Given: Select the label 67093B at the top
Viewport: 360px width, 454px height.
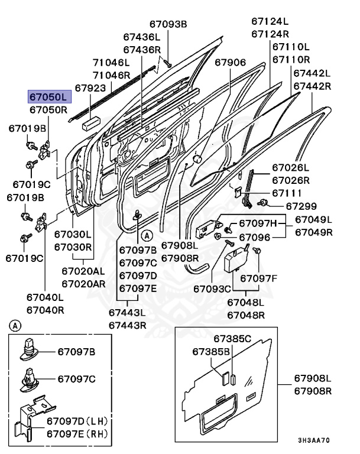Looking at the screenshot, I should tap(167, 24).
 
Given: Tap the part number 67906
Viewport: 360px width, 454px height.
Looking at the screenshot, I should tap(230, 62).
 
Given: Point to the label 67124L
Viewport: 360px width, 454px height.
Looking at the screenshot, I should tap(270, 21).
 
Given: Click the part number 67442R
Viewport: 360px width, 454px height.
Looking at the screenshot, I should tap(312, 86).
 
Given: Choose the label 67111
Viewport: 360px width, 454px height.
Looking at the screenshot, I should tap(287, 193).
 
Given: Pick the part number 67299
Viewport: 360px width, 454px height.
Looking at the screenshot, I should tap(301, 206).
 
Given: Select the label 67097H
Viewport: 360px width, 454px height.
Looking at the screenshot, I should tap(257, 223).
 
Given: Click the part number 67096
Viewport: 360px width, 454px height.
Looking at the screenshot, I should tap(254, 237).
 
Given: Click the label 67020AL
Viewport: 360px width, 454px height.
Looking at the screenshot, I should tap(84, 271).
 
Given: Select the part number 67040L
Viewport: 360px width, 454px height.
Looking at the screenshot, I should tap(45, 297).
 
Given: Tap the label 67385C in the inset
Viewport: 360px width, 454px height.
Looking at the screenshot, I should tap(232, 339).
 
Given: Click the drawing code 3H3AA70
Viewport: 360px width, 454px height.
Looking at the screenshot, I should tap(314, 440).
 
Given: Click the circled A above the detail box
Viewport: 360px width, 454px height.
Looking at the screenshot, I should tap(15, 325).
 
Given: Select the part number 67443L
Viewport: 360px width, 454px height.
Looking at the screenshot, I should tap(127, 312).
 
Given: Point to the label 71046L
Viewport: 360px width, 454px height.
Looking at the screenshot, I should tap(111, 63).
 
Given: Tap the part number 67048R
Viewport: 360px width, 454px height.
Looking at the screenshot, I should tap(246, 314).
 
